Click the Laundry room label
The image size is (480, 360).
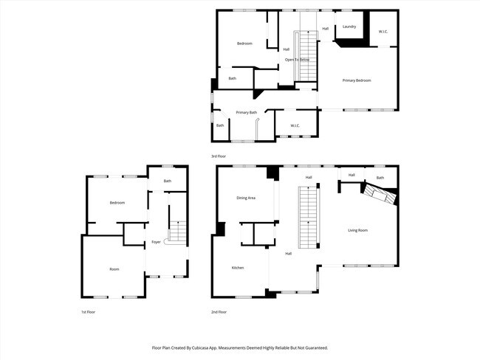click(349, 27)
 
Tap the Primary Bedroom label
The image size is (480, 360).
click(357, 80)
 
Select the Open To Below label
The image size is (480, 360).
click(297, 59)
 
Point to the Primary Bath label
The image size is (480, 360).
click(247, 112)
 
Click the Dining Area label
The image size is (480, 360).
click(246, 198)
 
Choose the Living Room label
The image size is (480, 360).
click(358, 230)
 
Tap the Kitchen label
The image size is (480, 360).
click(238, 267)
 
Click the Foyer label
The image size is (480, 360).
click(156, 242)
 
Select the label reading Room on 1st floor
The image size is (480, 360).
click(114, 269)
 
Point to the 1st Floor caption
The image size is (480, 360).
click(89, 312)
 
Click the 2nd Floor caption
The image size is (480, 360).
click(219, 312)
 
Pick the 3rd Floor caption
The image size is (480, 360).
click(219, 156)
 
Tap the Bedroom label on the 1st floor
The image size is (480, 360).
click(117, 202)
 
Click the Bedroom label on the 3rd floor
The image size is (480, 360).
click(244, 44)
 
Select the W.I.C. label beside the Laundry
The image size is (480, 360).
click(383, 32)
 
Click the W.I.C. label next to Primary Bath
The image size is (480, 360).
click(295, 125)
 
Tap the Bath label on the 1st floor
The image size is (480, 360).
click(168, 181)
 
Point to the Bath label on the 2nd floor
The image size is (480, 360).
click(380, 178)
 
